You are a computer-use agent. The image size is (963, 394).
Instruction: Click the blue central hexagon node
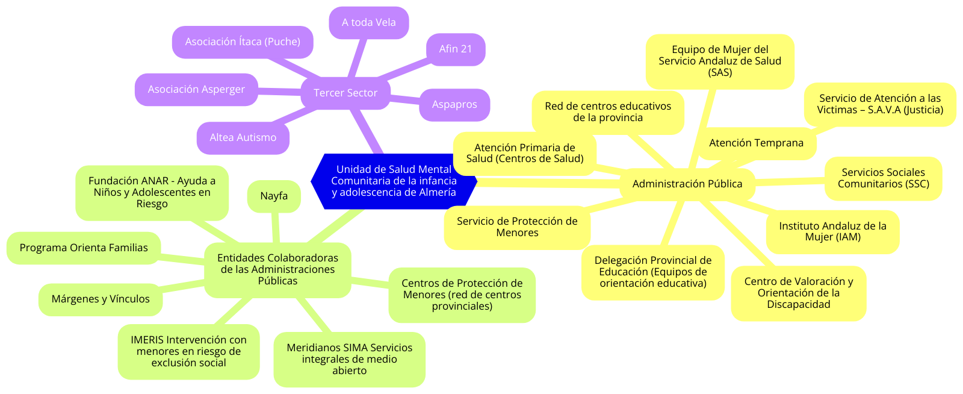[x=394, y=181]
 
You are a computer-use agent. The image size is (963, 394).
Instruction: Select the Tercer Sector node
[x=345, y=93]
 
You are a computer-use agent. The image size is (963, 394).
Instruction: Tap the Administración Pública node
[x=687, y=184]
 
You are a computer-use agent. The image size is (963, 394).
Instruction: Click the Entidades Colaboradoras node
[x=277, y=269]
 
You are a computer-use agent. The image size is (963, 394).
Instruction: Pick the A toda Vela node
[x=369, y=23]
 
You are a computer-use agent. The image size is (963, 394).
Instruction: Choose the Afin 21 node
[x=456, y=49]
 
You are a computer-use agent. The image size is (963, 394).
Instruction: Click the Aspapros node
[x=454, y=105]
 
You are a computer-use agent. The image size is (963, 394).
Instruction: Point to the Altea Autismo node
[x=243, y=138]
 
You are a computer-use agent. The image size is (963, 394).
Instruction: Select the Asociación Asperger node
[x=196, y=90]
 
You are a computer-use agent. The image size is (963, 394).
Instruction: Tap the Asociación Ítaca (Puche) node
[x=243, y=42]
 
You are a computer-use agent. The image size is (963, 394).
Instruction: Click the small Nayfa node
[x=274, y=196]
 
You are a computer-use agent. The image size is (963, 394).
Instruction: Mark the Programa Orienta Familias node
[x=84, y=248]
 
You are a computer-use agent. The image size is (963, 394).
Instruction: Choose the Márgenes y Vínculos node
[x=101, y=299]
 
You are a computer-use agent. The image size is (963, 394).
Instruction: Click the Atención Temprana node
[x=756, y=143]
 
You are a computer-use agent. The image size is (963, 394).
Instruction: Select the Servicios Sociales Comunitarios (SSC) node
[x=883, y=178]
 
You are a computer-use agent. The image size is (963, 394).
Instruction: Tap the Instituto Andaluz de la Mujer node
[x=832, y=231]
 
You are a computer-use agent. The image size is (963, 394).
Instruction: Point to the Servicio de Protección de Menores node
[x=517, y=227]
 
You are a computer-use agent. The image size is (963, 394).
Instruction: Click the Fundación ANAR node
[x=152, y=193]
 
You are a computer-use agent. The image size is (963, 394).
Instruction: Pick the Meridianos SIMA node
[x=349, y=359]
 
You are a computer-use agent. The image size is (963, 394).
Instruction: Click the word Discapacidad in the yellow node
[x=798, y=305]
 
